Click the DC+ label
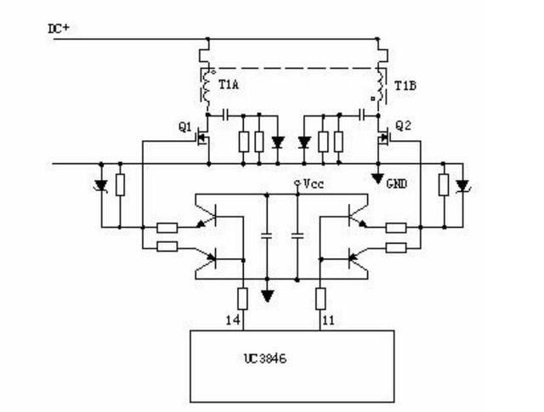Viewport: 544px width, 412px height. (59, 28)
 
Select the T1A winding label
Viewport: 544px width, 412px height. (229, 84)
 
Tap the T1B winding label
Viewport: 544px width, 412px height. (405, 85)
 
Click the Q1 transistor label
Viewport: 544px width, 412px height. (185, 127)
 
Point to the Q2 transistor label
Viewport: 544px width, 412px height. (404, 126)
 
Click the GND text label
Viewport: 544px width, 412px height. (397, 183)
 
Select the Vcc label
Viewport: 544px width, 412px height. (314, 183)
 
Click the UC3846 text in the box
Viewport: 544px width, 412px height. (265, 358)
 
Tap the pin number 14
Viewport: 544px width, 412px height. (233, 320)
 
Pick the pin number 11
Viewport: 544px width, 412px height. (328, 320)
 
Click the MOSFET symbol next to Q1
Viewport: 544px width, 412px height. (203, 138)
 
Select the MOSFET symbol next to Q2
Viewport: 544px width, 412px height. (383, 138)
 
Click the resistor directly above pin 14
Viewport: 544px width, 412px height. (242, 299)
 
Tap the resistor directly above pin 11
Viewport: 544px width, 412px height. (320, 299)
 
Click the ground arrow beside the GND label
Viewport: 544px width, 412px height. (378, 178)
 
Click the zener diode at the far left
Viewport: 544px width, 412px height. (102, 185)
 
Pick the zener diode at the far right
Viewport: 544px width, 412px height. (462, 185)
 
